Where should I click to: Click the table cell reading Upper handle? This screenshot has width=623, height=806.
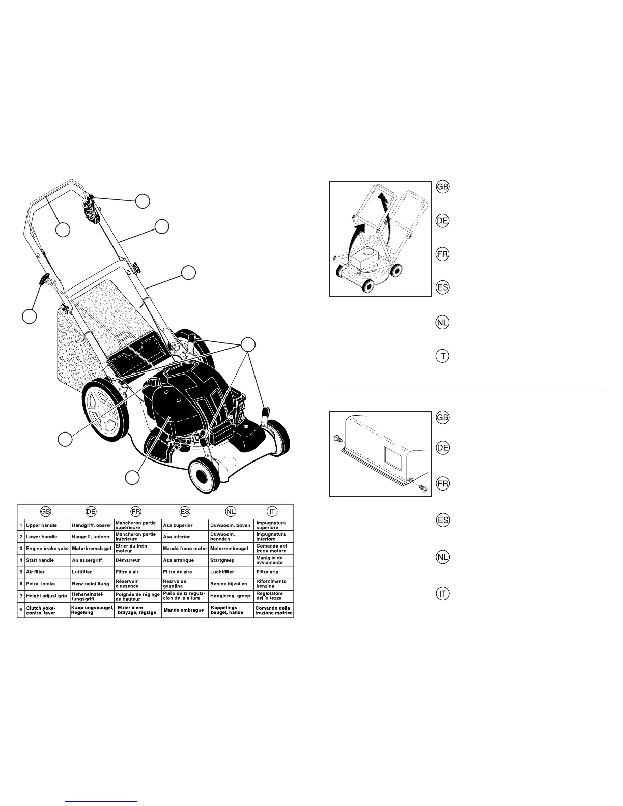click(x=41, y=525)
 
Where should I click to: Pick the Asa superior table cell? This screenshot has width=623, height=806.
click(x=178, y=525)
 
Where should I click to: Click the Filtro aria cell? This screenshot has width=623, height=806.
click(x=267, y=572)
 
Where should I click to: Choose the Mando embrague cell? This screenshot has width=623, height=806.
click(x=184, y=610)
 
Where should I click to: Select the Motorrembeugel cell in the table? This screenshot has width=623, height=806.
click(x=230, y=549)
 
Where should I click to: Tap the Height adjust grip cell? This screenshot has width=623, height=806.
click(x=46, y=596)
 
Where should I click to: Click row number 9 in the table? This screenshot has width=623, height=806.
click(x=21, y=609)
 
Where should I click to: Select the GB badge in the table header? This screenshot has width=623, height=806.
click(x=46, y=511)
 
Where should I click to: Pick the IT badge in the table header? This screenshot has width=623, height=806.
click(x=273, y=511)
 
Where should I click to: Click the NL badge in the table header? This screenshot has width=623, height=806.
click(x=231, y=511)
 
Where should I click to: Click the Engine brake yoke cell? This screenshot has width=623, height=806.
click(x=47, y=549)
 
